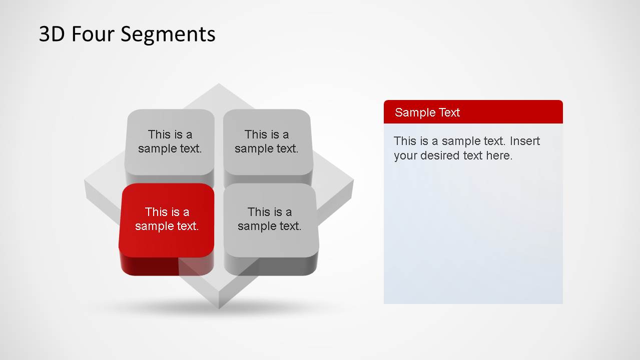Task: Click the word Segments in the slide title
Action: (x=168, y=35)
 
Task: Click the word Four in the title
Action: (x=93, y=33)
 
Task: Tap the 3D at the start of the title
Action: (x=52, y=33)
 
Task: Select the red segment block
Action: (x=167, y=229)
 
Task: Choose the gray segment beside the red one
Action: (x=271, y=229)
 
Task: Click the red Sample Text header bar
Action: (x=473, y=112)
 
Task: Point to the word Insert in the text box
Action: (x=525, y=141)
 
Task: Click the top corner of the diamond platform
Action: (x=219, y=83)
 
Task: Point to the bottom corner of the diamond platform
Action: (x=219, y=308)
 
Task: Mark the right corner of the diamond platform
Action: (x=354, y=180)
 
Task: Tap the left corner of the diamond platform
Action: (x=85, y=180)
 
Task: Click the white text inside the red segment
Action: (x=167, y=219)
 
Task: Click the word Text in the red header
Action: (x=449, y=112)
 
